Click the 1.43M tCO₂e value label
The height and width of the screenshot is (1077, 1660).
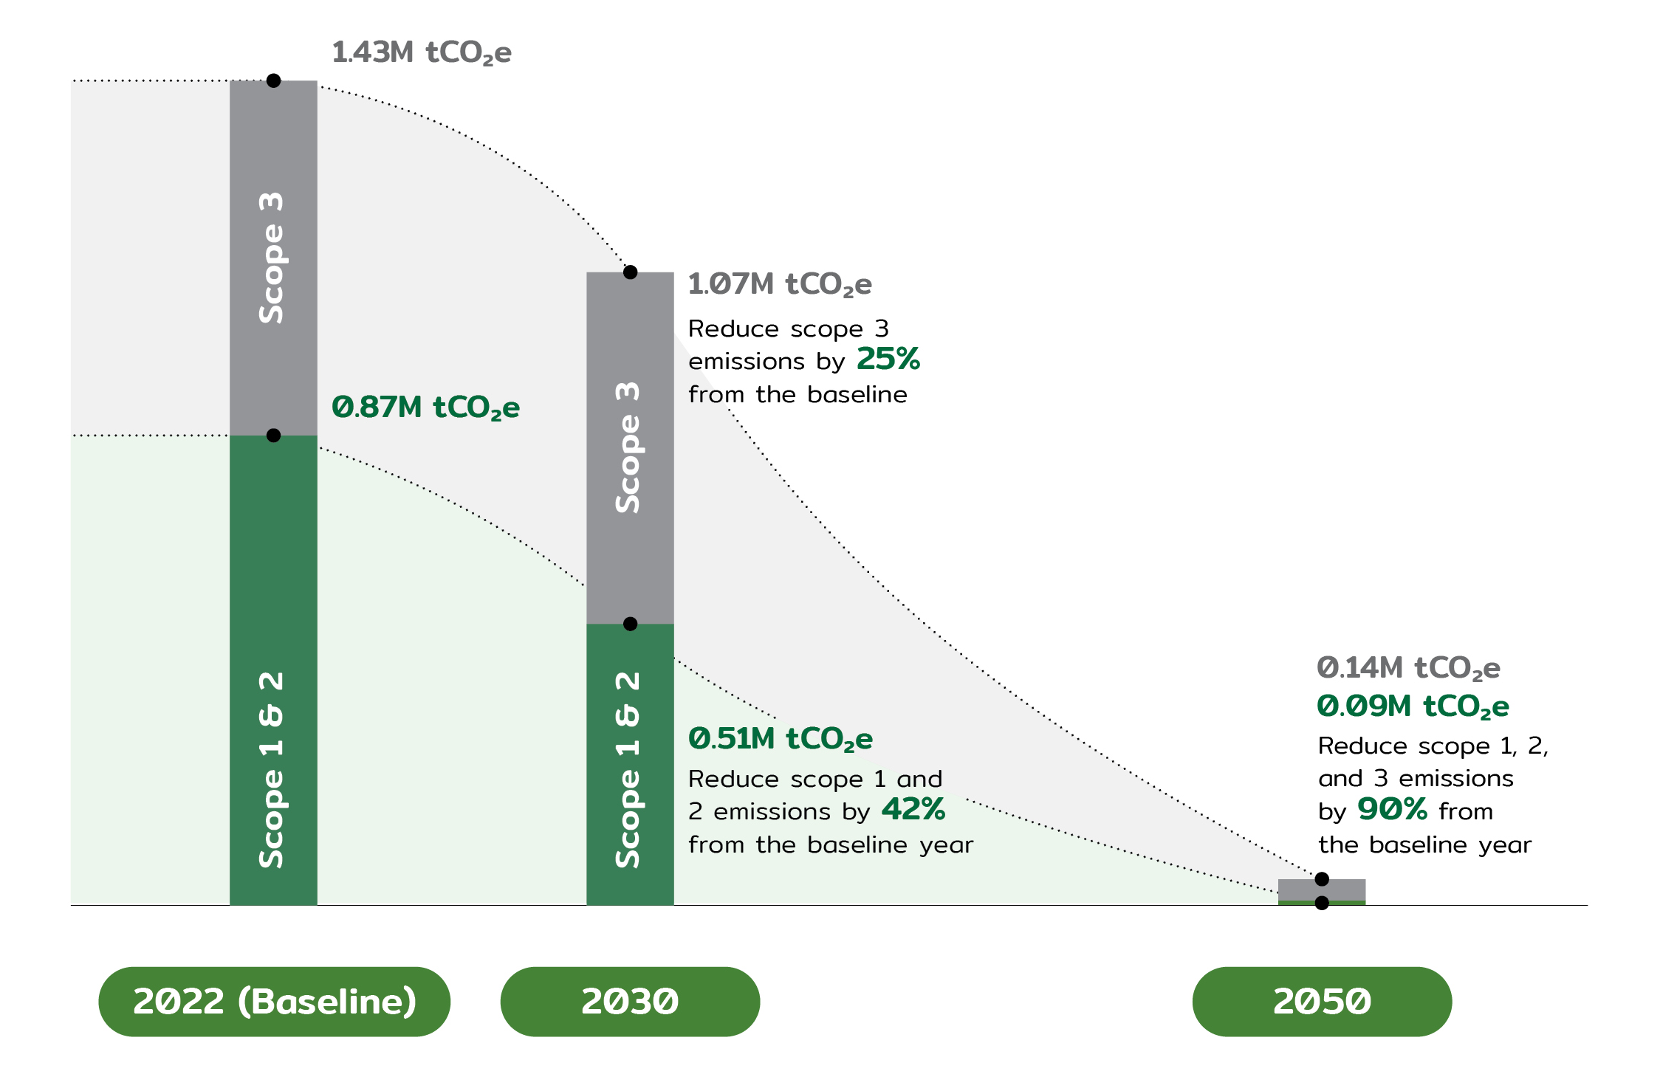click(421, 53)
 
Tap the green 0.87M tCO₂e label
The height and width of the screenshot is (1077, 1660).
click(425, 407)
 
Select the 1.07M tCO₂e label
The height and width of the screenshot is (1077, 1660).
click(779, 284)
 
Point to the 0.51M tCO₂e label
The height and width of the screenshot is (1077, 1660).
click(780, 739)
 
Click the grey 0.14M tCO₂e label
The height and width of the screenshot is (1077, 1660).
click(1408, 668)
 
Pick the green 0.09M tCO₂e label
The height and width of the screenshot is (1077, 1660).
click(1413, 706)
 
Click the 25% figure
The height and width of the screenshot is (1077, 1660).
click(888, 359)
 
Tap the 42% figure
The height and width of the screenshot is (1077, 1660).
click(913, 810)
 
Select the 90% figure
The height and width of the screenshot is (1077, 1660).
click(1392, 810)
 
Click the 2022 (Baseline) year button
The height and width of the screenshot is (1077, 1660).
click(274, 1002)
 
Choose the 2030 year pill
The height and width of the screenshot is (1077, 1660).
click(630, 1002)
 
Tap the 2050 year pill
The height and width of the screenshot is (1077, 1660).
click(1322, 1002)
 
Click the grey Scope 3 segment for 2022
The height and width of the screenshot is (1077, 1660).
click(273, 258)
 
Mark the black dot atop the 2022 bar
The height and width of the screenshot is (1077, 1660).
click(273, 80)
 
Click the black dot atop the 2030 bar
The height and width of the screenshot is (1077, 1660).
click(630, 272)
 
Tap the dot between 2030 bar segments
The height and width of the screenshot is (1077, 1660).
click(630, 624)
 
